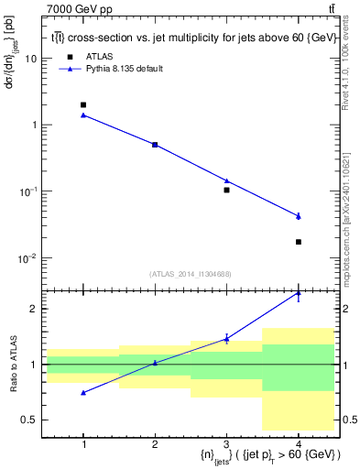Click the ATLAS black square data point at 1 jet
[x=83, y=105]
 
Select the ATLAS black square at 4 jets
[x=299, y=242]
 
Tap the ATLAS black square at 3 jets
[x=226, y=190]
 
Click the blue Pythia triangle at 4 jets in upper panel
[x=299, y=215]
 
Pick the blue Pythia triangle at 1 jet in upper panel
[x=83, y=115]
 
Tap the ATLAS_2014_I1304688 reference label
[x=191, y=273]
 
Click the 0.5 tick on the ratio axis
[x=29, y=420]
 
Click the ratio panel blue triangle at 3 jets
[x=226, y=339]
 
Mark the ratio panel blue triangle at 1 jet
[x=83, y=392]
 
